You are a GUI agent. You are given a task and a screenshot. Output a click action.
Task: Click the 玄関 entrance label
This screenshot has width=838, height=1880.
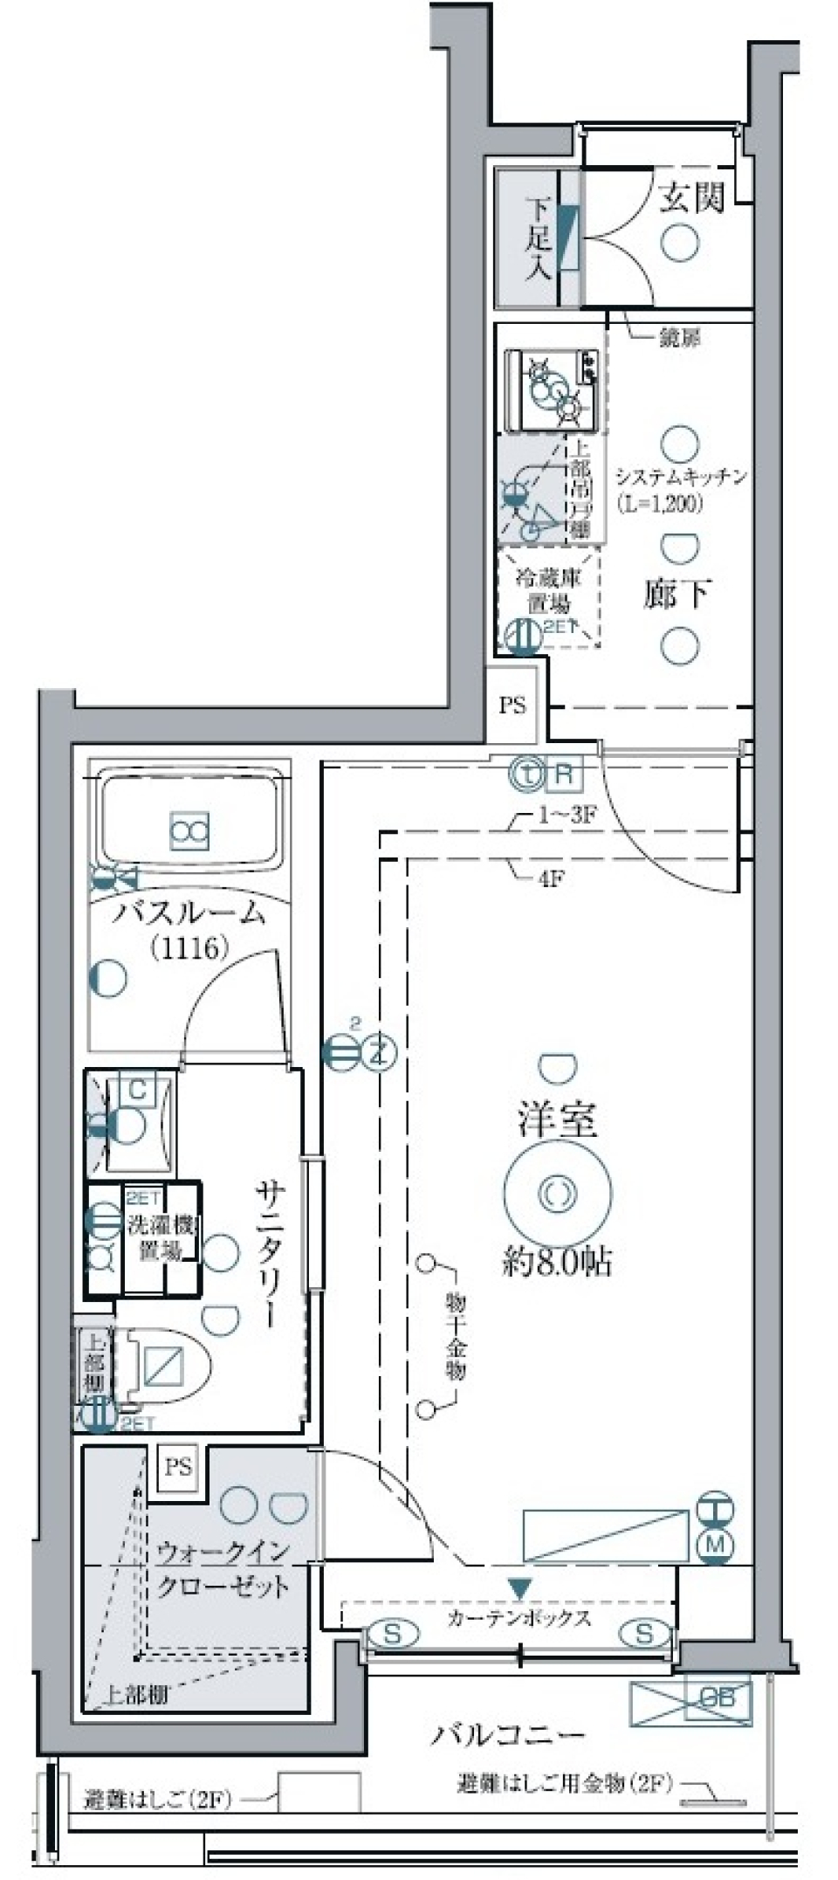pos(691,198)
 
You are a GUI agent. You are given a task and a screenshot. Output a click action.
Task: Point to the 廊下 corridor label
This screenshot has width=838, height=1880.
pos(677,594)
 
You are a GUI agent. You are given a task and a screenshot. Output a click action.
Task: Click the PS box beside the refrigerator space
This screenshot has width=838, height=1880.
pos(513,705)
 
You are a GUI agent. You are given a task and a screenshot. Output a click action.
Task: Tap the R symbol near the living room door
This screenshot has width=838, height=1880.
pos(565,773)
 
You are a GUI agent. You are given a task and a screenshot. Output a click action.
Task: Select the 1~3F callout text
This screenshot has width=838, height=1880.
pos(566,816)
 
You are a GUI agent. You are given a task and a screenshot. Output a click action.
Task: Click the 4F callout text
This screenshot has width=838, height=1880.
pos(550,878)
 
